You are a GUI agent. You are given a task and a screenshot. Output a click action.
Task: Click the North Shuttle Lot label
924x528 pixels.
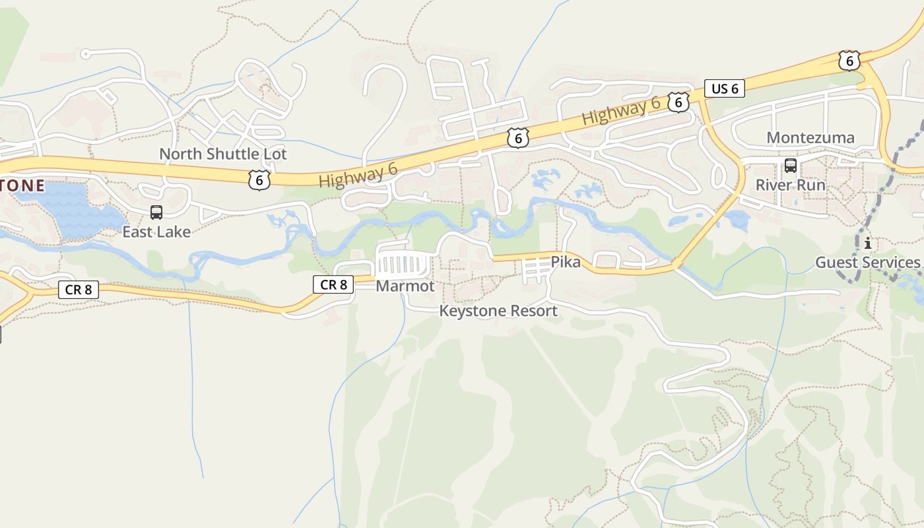click(223, 154)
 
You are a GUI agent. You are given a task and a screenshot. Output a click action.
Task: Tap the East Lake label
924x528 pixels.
click(156, 232)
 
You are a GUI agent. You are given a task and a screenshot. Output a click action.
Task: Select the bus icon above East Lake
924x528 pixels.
click(156, 213)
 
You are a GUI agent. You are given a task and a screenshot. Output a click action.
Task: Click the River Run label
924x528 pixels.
click(790, 185)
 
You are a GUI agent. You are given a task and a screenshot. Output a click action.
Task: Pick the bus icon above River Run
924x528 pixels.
click(790, 166)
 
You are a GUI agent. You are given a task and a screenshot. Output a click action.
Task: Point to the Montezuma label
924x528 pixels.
click(810, 138)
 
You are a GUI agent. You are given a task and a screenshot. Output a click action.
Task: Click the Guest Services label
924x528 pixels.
click(867, 263)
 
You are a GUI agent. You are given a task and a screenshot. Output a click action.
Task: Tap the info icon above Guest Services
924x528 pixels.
click(867, 244)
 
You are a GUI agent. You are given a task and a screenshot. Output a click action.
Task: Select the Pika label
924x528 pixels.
click(566, 263)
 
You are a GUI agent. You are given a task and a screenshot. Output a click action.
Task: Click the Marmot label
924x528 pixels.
click(405, 286)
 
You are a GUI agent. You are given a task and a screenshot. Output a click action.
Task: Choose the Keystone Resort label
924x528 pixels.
click(498, 311)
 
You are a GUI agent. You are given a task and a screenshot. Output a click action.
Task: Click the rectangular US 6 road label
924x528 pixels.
click(724, 88)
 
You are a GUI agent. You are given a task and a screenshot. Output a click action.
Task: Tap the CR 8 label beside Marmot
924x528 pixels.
click(333, 284)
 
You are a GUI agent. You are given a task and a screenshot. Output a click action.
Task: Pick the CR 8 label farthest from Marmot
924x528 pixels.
click(79, 289)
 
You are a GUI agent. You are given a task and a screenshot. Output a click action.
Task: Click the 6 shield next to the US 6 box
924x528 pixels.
click(678, 102)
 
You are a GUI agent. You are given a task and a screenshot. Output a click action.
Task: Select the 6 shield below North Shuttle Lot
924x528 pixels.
click(259, 179)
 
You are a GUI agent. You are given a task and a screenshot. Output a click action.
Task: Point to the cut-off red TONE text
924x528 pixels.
click(22, 186)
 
